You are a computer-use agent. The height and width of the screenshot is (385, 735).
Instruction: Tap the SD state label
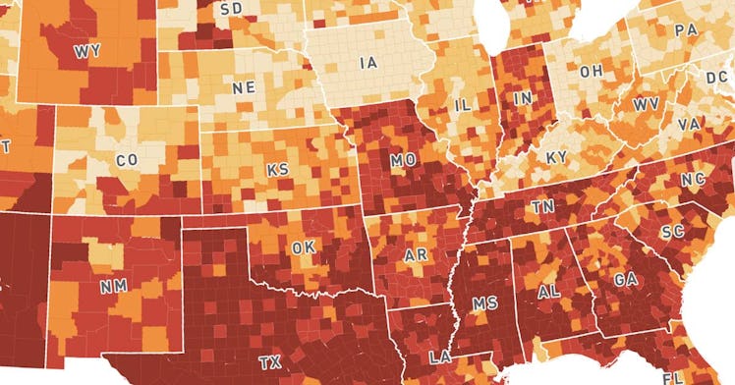[232, 9]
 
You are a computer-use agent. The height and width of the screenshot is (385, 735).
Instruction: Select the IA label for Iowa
[367, 63]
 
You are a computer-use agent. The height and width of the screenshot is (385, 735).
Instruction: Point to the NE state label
[244, 87]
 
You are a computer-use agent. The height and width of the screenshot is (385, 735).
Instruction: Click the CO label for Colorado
[127, 159]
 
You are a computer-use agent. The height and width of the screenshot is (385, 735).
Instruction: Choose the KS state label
[278, 170]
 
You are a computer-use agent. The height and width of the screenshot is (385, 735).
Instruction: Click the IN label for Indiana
[523, 98]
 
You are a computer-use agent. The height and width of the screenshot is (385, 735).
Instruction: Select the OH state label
[592, 72]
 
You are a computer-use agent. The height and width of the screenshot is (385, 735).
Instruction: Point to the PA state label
[685, 31]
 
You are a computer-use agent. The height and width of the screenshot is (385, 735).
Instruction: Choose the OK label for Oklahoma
[302, 247]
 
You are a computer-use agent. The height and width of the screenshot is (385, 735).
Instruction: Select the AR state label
[416, 255]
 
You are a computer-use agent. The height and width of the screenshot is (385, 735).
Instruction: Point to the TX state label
[269, 362]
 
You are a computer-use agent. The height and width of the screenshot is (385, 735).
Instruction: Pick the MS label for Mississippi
[484, 304]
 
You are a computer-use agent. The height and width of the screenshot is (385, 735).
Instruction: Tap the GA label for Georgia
[625, 280]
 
